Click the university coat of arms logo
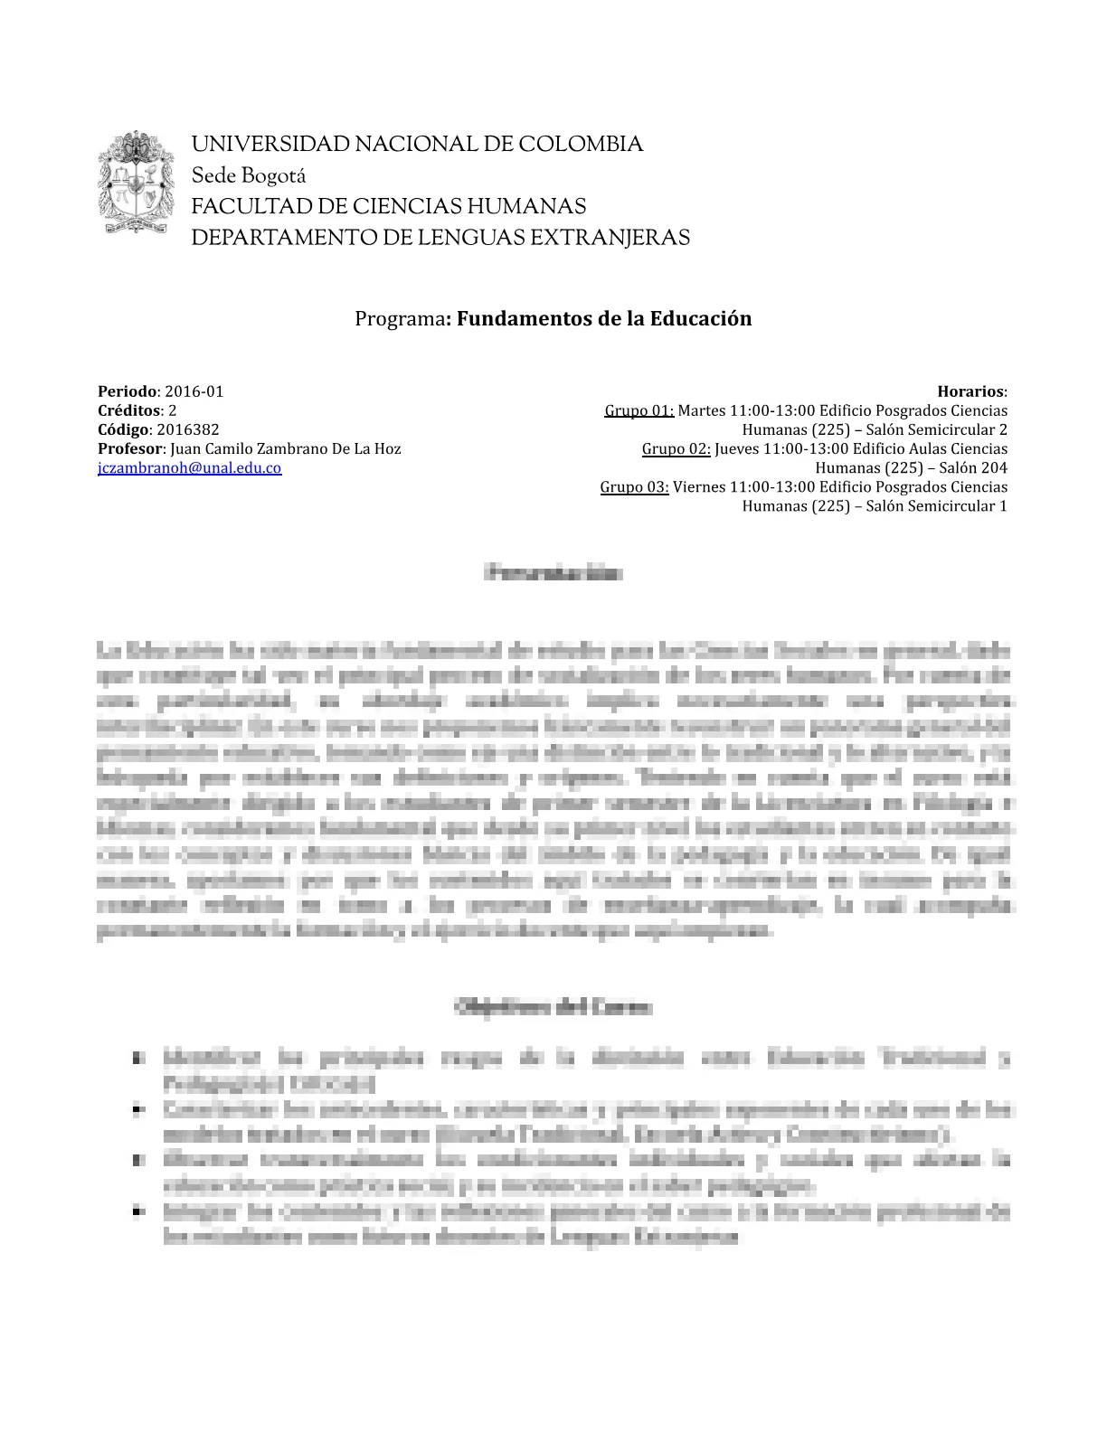[136, 184]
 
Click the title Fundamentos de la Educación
[603, 318]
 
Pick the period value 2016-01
[194, 391]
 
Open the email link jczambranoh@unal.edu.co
[190, 467]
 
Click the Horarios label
[970, 391]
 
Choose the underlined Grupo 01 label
[639, 410]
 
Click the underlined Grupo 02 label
[676, 448]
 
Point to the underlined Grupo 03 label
[634, 486]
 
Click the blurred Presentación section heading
[553, 572]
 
